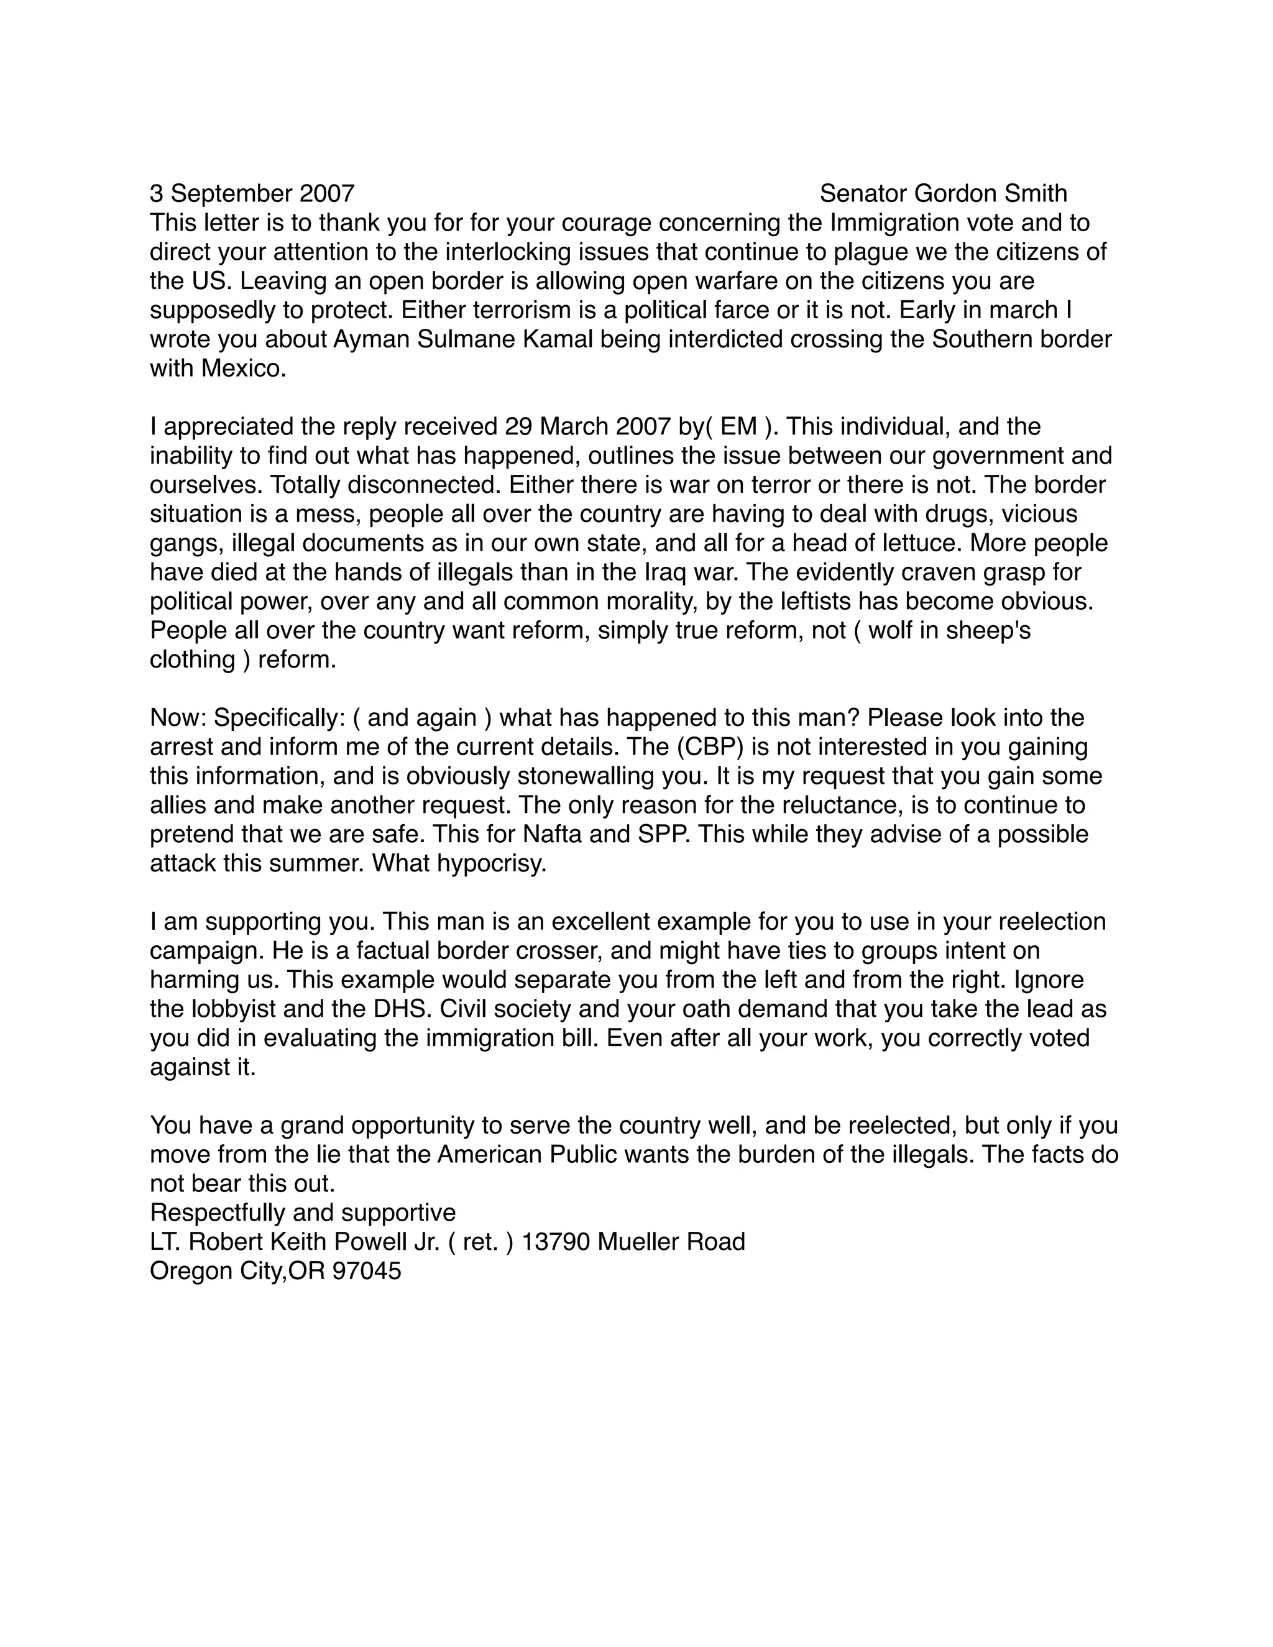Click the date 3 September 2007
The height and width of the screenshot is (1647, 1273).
click(252, 194)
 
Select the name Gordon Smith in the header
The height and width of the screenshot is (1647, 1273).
click(990, 194)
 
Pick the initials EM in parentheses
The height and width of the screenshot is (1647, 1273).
click(738, 427)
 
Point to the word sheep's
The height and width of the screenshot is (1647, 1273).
click(987, 630)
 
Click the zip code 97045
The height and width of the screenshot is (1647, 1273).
click(367, 1272)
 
